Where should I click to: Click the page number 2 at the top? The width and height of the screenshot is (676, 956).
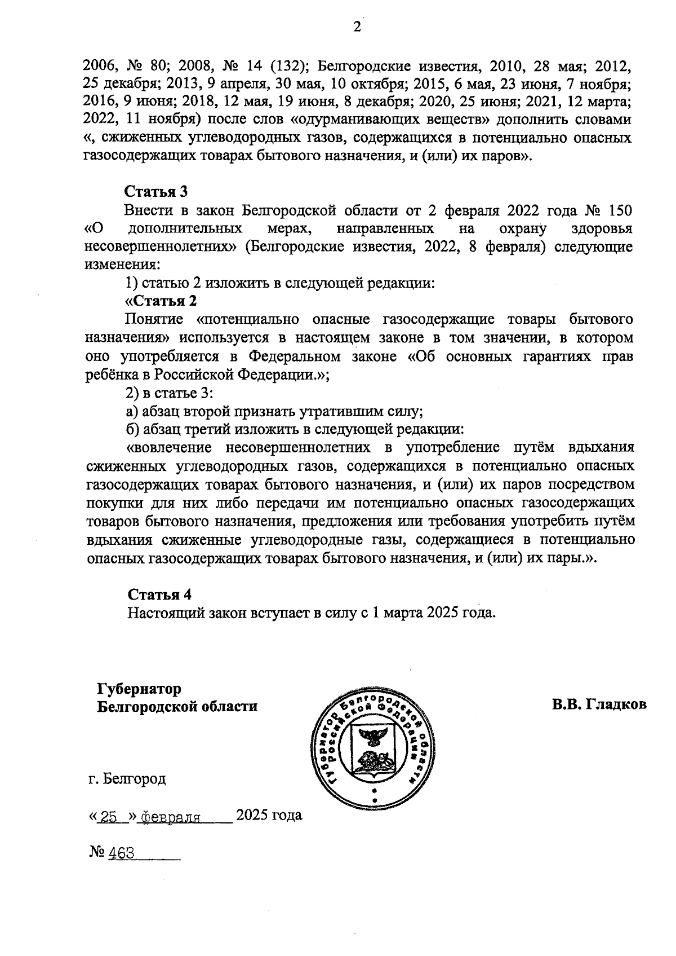pos(356,28)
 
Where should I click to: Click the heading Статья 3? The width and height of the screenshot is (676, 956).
pos(155,192)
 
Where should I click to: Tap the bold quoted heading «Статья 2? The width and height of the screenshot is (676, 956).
pos(161,301)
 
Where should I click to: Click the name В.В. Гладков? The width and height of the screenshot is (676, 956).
pos(599,704)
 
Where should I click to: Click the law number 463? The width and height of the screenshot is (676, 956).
pos(121,853)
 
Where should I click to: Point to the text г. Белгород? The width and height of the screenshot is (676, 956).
pos(127,779)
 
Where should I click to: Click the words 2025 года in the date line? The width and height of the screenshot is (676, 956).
pos(269,815)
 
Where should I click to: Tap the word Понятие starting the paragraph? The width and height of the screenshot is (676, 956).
pos(154,320)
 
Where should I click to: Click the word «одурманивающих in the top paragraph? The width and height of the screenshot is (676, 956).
pos(353,120)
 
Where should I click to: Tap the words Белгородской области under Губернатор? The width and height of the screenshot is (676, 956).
pos(177,706)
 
